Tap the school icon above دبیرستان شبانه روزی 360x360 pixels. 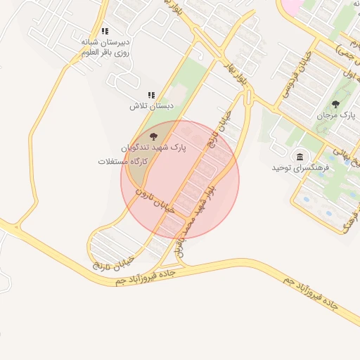[105, 32]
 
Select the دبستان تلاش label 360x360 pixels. [150, 106]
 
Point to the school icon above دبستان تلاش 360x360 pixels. [150, 95]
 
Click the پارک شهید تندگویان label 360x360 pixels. [154, 149]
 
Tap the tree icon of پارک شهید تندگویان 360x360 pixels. [154, 136]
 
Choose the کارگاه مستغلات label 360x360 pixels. [125, 162]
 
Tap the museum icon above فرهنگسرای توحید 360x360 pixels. [300, 156]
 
